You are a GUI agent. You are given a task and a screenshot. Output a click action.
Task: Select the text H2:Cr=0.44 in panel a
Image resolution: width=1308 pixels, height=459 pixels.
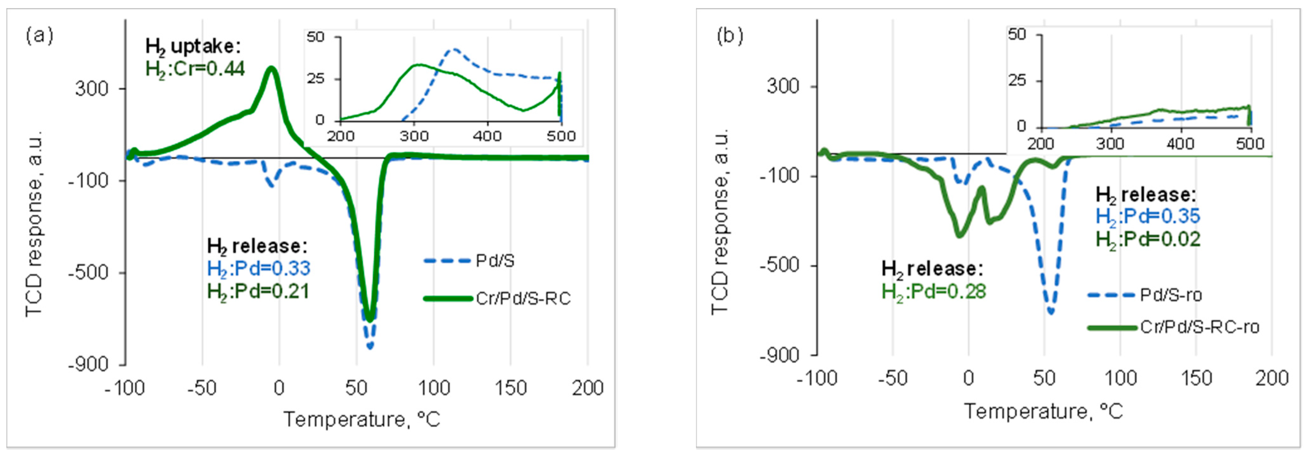tap(195, 69)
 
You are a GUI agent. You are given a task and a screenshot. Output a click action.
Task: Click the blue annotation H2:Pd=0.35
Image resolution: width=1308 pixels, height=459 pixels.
tap(1147, 216)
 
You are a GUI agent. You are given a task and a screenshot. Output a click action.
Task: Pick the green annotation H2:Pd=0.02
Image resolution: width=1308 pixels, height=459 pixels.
tap(1147, 239)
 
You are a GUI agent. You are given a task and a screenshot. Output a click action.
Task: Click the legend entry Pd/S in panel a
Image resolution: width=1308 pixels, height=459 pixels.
tap(495, 261)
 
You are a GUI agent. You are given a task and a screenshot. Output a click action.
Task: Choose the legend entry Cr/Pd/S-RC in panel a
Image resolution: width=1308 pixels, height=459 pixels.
tap(523, 299)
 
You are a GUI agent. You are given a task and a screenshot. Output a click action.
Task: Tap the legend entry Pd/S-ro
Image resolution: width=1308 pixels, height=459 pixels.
tap(1170, 295)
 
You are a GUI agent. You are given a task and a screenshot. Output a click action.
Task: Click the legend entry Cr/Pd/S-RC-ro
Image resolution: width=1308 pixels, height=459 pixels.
tap(1199, 327)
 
